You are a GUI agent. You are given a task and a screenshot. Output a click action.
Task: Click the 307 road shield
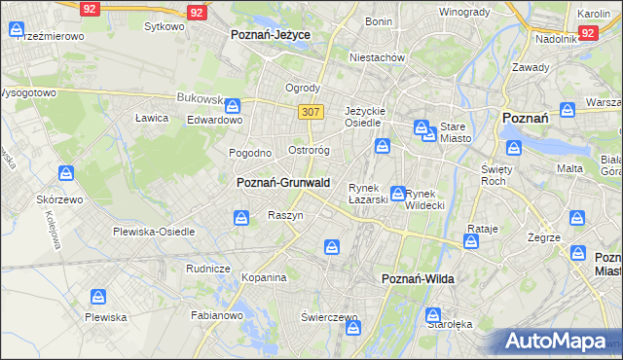click(x=311, y=113)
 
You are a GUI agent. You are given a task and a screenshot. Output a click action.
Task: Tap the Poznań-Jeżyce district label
click(x=270, y=34)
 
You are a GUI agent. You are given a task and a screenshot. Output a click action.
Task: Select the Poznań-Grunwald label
click(x=283, y=182)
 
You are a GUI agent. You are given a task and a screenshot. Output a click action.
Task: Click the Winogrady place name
click(x=463, y=12)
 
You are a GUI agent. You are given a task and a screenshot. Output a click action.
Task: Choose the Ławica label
click(x=153, y=118)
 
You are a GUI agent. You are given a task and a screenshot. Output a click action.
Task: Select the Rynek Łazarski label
click(x=368, y=194)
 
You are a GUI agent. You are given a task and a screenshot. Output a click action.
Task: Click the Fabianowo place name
click(x=216, y=315)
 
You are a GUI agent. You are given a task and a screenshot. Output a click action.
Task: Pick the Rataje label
click(x=483, y=229)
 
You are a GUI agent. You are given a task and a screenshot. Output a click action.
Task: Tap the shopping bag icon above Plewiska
click(x=97, y=297)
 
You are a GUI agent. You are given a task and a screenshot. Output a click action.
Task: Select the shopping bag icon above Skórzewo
click(x=66, y=174)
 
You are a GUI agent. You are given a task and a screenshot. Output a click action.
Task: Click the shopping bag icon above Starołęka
click(x=434, y=315)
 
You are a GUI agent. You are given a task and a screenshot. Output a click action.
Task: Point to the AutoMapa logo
click(x=554, y=341)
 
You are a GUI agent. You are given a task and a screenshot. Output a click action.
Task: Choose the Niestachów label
click(x=378, y=57)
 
